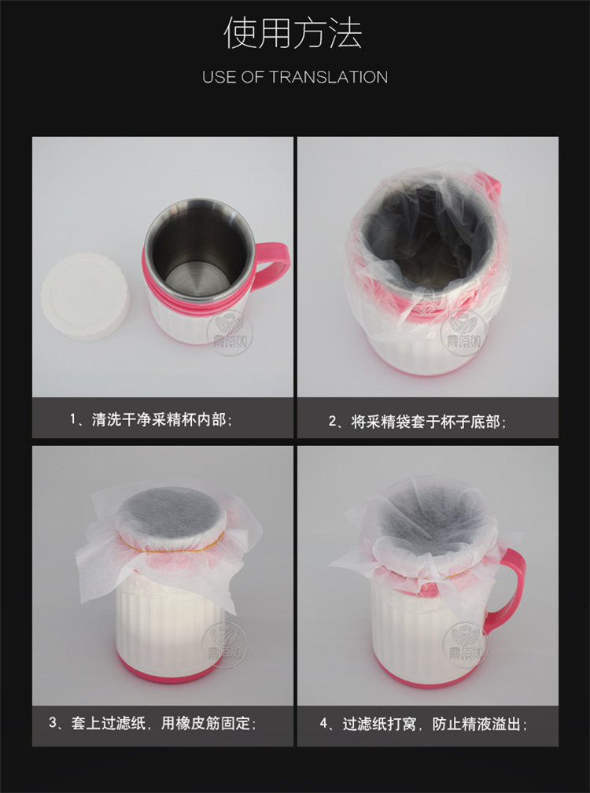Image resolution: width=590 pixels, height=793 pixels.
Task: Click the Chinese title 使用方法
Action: click(293, 34)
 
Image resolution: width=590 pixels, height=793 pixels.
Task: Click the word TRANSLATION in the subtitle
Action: click(329, 77)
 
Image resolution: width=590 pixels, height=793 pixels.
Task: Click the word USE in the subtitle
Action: click(219, 77)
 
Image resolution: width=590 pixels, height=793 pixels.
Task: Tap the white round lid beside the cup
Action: click(85, 296)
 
